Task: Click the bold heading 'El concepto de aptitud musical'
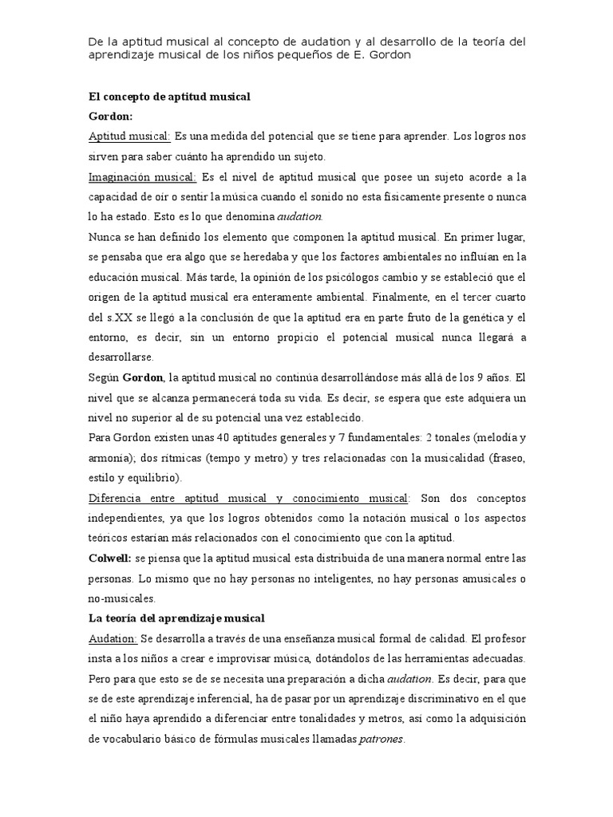(169, 97)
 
